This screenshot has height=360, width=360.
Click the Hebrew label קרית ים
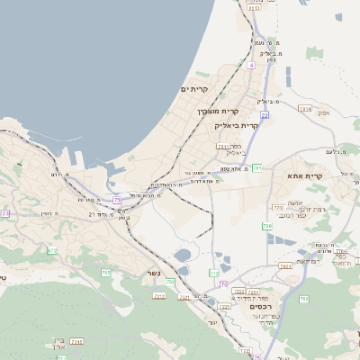coord(194,89)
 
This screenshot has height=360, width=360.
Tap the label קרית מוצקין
coord(218,112)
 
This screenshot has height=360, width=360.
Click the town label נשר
coord(153,274)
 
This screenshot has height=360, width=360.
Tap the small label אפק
coord(323,112)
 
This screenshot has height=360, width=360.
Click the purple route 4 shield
coord(252,65)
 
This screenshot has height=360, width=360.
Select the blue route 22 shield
coord(265,115)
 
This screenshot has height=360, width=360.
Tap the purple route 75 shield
coord(117,200)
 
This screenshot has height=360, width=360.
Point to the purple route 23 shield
coord(4,213)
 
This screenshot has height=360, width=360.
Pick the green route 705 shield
coord(106,273)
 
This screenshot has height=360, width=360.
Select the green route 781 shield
coord(257,167)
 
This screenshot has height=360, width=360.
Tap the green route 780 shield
coord(267,224)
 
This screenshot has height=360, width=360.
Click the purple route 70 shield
coord(223,284)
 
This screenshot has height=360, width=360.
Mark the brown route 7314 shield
coord(304,109)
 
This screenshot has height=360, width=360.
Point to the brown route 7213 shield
coord(160,295)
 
